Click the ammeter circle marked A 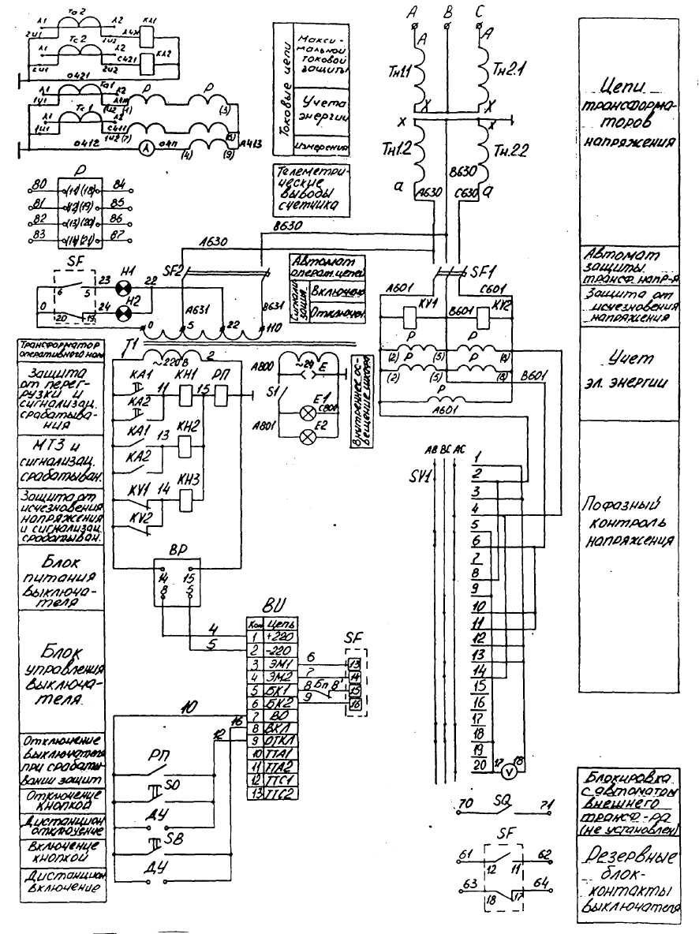(x=147, y=148)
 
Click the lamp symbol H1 (x=121, y=288)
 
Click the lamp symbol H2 (x=122, y=314)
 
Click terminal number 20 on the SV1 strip (x=479, y=764)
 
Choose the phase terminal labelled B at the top (x=448, y=13)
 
